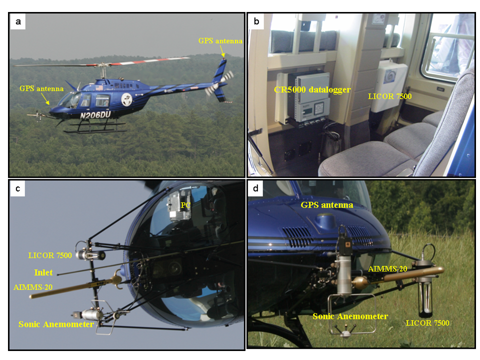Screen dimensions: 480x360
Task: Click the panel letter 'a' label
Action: (18, 21)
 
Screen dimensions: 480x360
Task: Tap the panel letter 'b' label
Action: (256, 21)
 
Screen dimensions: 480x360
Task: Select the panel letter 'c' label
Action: (18, 188)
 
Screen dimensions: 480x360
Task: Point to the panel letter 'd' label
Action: (255, 188)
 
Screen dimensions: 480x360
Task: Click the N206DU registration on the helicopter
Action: (95, 115)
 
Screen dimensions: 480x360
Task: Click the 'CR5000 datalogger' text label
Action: (312, 89)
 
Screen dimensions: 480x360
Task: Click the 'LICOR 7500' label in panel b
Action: (389, 96)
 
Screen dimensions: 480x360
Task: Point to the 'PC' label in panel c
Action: (185, 205)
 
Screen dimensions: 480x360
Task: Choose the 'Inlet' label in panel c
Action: (43, 272)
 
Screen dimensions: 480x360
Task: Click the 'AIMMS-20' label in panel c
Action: (33, 287)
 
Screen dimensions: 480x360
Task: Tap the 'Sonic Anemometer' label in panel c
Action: (56, 324)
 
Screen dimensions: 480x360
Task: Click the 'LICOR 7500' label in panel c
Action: (50, 255)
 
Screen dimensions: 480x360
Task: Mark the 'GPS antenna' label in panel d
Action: (327, 205)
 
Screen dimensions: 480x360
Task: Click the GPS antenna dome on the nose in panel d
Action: (326, 220)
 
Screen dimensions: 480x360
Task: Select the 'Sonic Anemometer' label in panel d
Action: (350, 316)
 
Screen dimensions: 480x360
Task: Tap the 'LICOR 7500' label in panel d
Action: (427, 323)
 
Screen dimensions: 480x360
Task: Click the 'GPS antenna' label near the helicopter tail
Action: (220, 40)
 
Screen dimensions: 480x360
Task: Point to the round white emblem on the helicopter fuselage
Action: (126, 99)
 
